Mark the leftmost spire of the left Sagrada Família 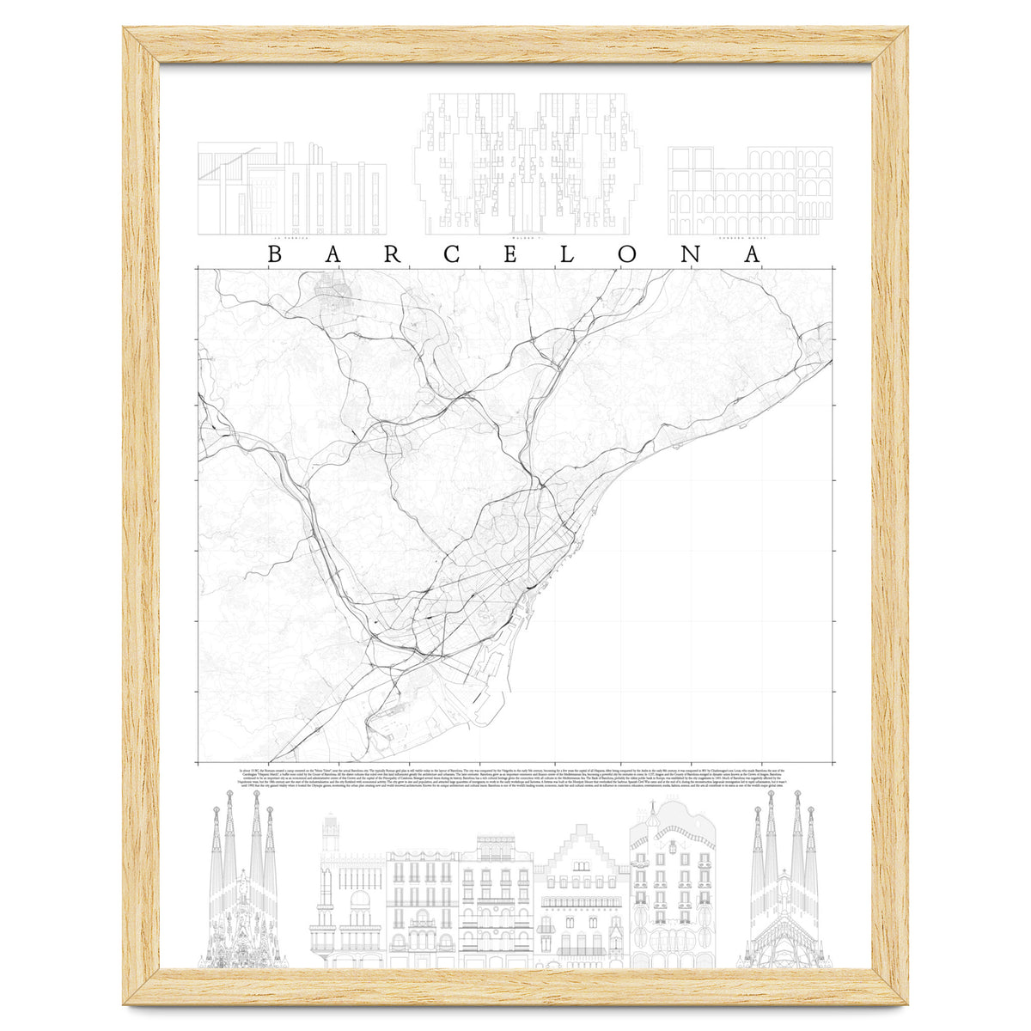click(215, 838)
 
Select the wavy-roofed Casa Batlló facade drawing click(672, 885)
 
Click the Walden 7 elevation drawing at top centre click(528, 163)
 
